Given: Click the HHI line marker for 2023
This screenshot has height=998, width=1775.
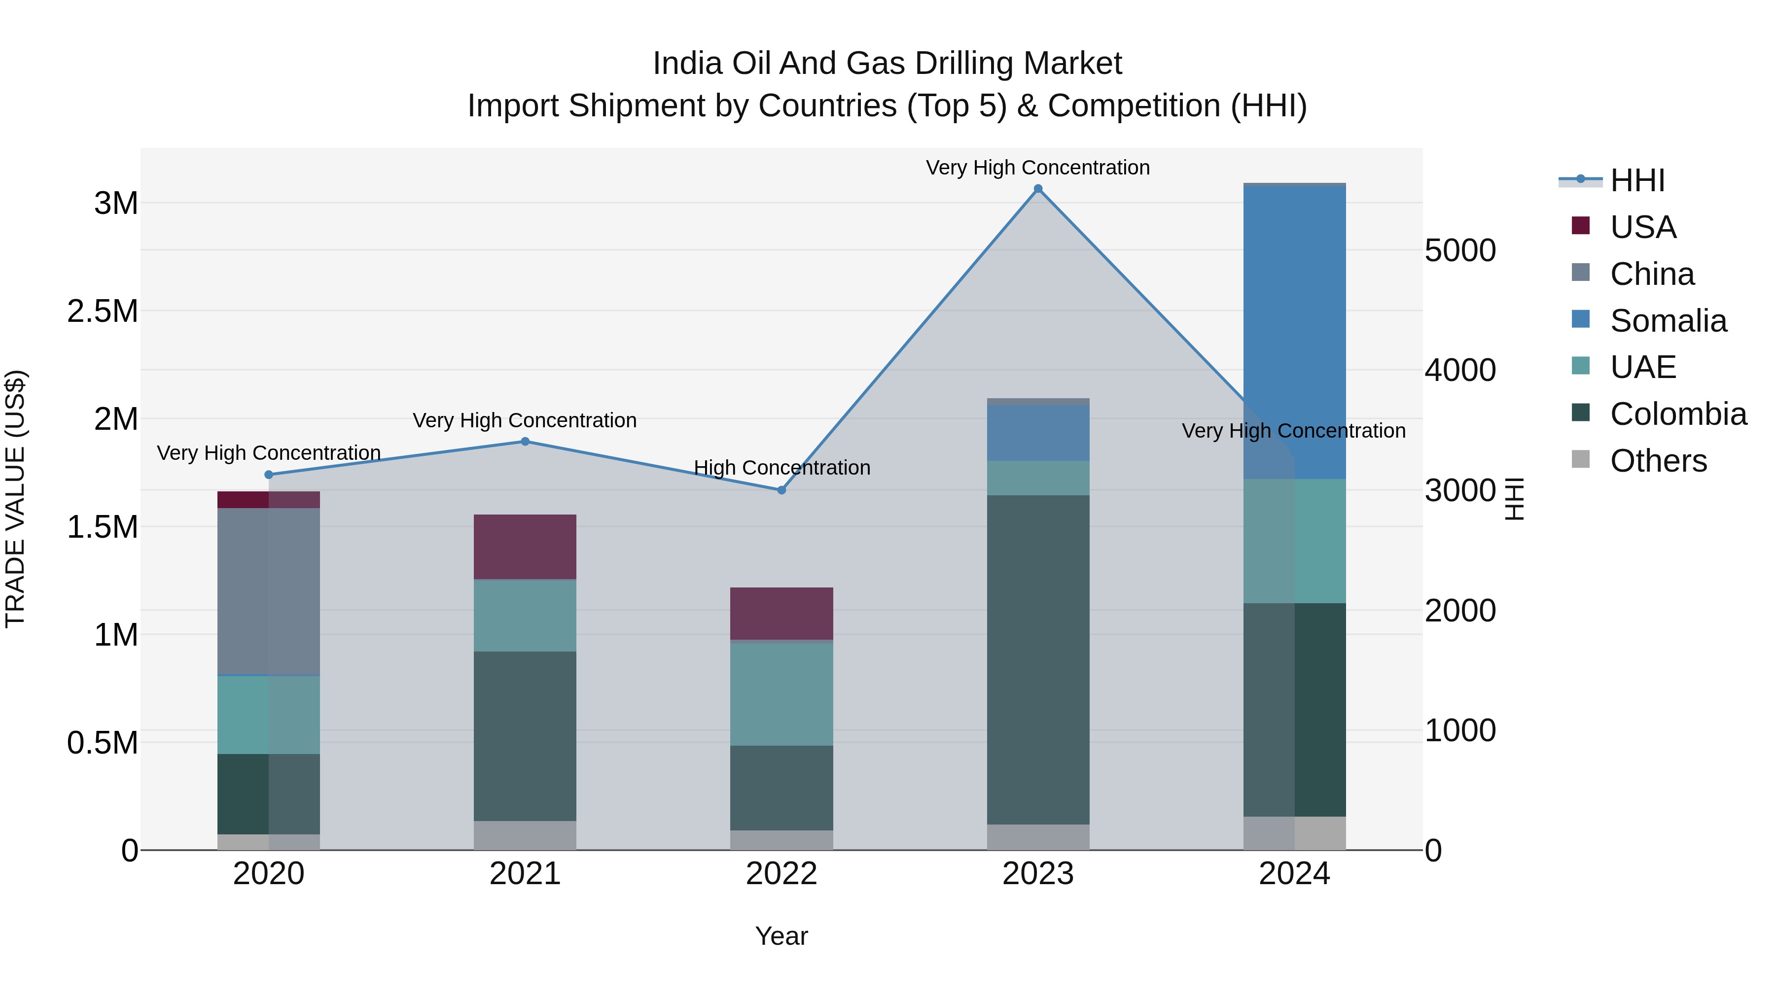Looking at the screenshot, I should coord(1038,189).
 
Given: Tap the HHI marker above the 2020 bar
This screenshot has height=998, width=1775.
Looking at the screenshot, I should coord(269,475).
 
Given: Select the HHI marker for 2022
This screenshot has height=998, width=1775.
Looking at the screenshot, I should coord(781,490).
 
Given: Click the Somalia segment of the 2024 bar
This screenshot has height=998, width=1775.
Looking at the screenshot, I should coord(1294,331).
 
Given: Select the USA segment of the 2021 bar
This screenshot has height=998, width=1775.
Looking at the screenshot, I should coord(525,547).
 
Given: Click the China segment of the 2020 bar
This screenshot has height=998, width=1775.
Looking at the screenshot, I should coord(269,591).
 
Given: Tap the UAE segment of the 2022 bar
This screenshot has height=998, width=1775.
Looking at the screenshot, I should coord(781,694).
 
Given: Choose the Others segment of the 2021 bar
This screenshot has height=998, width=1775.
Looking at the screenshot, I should coord(525,835).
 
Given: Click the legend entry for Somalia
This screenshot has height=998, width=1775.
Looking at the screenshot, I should coord(1668,321).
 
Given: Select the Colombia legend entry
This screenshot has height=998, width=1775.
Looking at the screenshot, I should coord(1677,414).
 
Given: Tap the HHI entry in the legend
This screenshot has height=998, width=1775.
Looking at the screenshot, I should coord(1636,180).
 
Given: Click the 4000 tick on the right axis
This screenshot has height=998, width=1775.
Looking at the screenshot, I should coord(1460,371).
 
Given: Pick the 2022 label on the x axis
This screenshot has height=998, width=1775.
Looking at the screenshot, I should coord(781,874).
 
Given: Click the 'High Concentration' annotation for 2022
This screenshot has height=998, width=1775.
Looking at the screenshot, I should coord(781,468).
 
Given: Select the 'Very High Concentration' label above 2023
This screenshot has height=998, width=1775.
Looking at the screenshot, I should coord(1038,168).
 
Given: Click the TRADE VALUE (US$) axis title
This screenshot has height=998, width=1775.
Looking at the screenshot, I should coord(15,499).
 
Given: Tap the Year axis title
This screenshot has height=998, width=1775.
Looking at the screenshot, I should coord(781,936).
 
